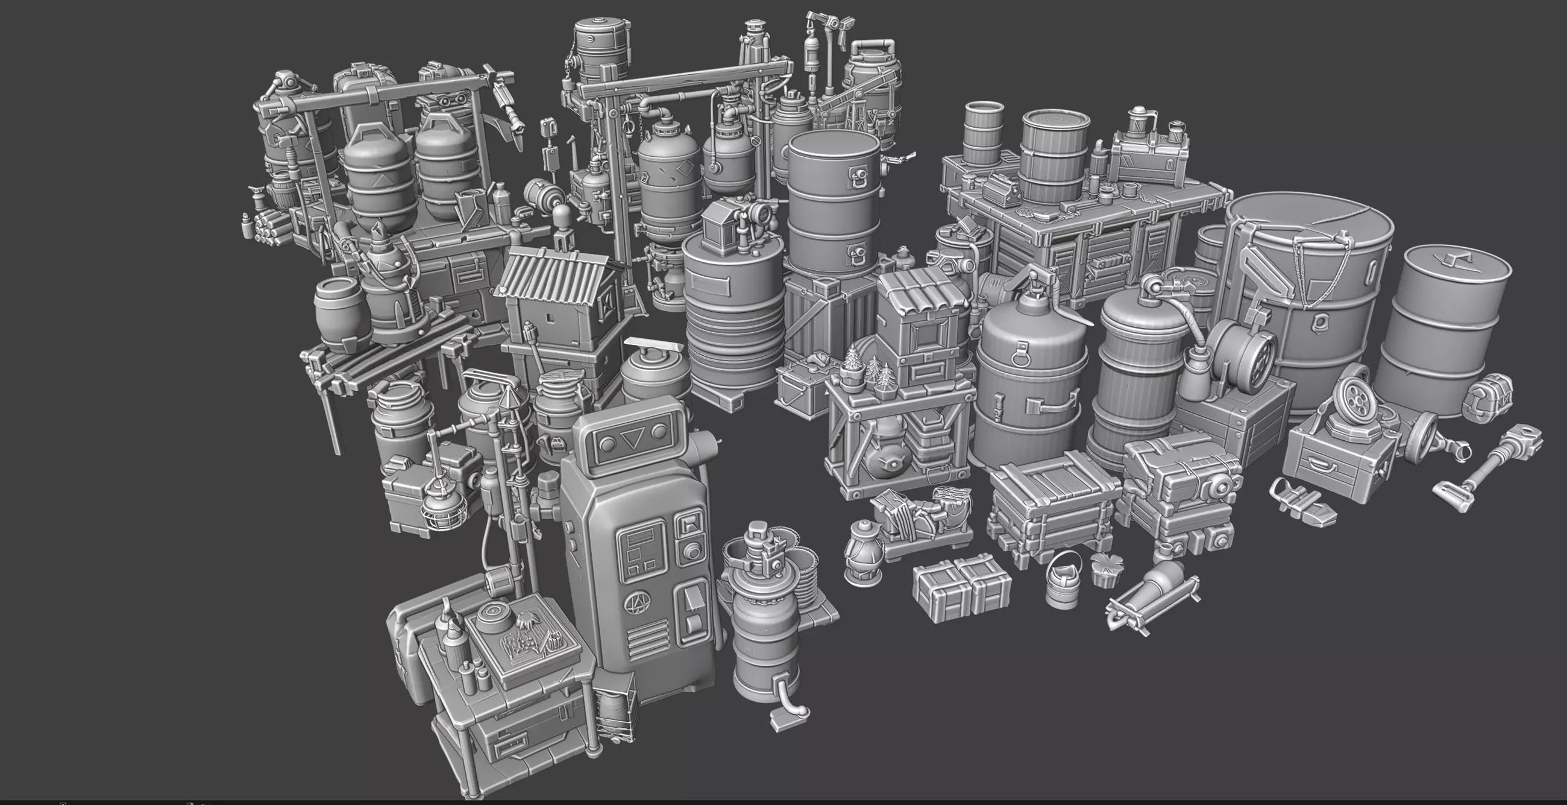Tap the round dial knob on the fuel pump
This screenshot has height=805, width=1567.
(x=692, y=551)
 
